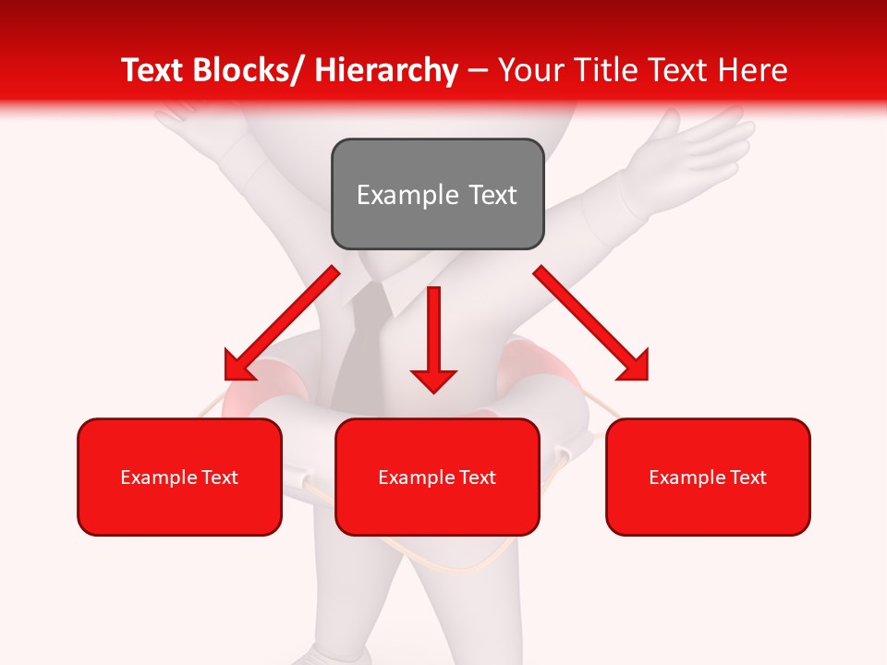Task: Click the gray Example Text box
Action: point(437,194)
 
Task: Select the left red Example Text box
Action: point(179,477)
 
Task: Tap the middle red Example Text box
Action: point(437,477)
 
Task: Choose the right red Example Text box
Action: point(708,477)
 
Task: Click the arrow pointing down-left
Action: point(283,324)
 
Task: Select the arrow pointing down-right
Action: point(591,323)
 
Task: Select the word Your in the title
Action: point(530,70)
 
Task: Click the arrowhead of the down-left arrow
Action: point(239,366)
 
